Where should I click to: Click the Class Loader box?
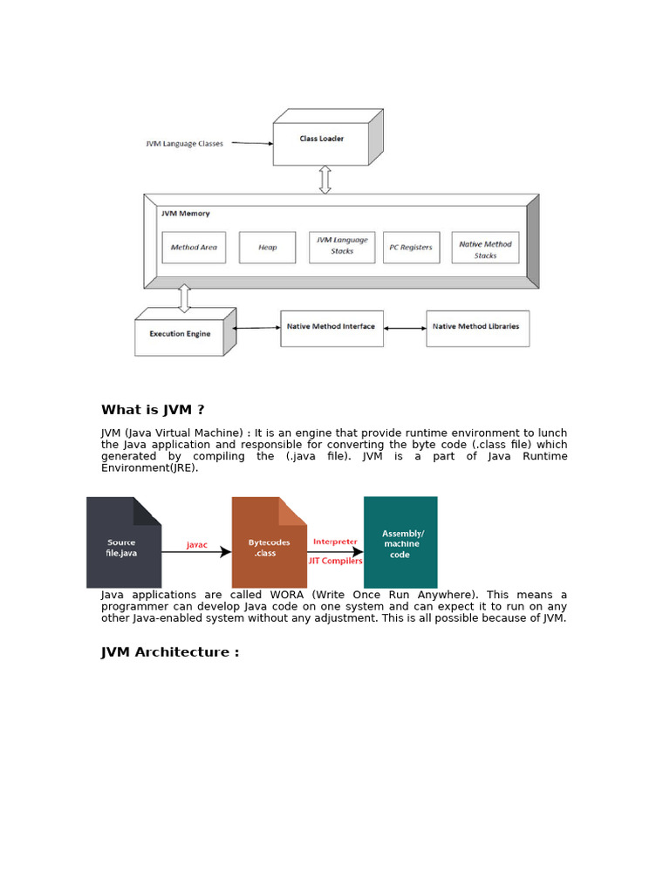[x=321, y=143]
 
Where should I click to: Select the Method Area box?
[x=194, y=247]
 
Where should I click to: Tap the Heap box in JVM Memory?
[x=267, y=247]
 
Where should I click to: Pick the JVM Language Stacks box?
[x=342, y=247]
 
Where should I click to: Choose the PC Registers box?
[x=410, y=247]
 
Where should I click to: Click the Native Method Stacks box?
[x=485, y=247]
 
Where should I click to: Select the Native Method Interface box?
[x=332, y=328]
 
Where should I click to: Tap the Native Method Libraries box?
[x=477, y=328]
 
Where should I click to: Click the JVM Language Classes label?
[x=184, y=144]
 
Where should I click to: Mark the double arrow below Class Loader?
[x=325, y=180]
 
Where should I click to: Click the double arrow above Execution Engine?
[x=184, y=297]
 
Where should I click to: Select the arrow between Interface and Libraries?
[x=405, y=328]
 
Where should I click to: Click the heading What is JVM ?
[x=153, y=410]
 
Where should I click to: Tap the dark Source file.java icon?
[x=123, y=542]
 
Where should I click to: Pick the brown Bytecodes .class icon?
[x=269, y=542]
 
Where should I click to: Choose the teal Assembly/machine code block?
[x=400, y=542]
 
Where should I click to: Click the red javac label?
[x=197, y=545]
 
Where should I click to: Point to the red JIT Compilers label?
[x=336, y=561]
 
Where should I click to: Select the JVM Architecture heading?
[x=170, y=652]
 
